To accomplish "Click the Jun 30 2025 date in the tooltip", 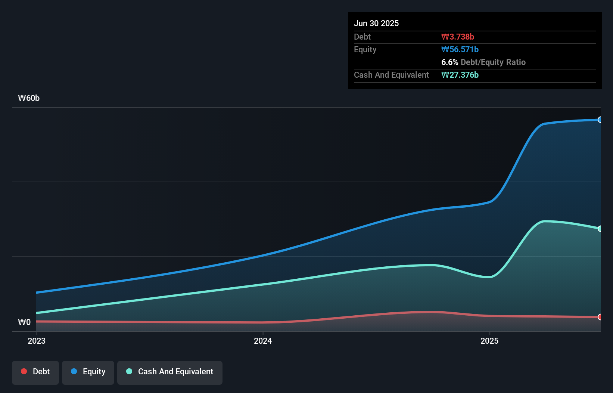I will (x=376, y=23).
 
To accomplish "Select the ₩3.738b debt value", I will (x=457, y=37).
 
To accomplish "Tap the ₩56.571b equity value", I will (x=460, y=49).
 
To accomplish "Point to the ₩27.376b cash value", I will (x=460, y=75).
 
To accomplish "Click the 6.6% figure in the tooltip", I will (x=449, y=62).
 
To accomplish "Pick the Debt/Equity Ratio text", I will (x=493, y=62).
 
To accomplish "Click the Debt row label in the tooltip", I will (x=362, y=37).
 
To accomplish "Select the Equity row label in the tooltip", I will (x=365, y=49).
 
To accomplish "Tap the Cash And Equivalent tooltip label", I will (x=391, y=75).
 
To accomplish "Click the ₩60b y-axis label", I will (x=29, y=98).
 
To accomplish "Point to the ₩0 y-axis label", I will (x=24, y=322).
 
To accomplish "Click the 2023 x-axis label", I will (x=37, y=341).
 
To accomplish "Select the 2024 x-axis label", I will (x=263, y=341).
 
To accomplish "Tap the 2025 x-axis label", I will (x=489, y=341).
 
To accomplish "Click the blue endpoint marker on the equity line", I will (x=600, y=120).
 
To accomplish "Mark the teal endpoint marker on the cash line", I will (x=600, y=229).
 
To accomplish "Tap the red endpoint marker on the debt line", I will (x=600, y=317).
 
